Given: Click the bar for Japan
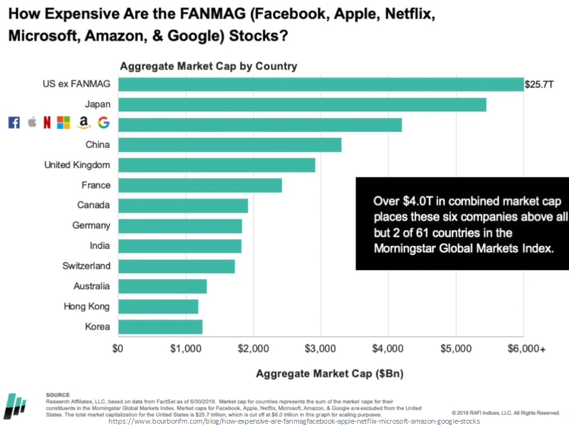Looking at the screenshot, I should click(x=302, y=105).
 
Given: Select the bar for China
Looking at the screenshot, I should click(x=230, y=145).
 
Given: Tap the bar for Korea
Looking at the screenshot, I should click(x=160, y=327).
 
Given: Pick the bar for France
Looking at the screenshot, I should click(x=200, y=185).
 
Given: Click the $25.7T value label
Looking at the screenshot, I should click(x=539, y=84).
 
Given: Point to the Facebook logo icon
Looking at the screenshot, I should click(x=14, y=123).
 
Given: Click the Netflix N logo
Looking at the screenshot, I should click(x=47, y=123).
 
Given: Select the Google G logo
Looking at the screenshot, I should click(x=103, y=122).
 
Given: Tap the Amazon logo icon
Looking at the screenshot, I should click(x=84, y=123).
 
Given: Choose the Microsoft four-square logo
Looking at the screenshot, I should click(x=64, y=123).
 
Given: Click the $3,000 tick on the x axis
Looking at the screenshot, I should click(x=321, y=349).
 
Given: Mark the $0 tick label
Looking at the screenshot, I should click(x=118, y=349).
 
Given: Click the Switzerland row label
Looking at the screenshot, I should click(x=86, y=266).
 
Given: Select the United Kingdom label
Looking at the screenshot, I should click(x=77, y=165).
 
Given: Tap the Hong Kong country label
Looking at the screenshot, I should click(x=86, y=306).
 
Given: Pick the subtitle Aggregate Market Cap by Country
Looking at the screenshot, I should click(x=208, y=66).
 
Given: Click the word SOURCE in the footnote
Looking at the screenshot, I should click(x=58, y=394).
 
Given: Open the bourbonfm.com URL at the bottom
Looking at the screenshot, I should click(x=294, y=421).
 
